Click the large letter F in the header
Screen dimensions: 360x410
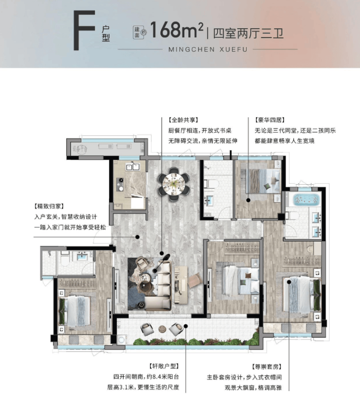[x=84, y=30]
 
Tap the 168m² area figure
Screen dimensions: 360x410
[x=177, y=30]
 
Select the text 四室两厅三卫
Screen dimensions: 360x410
[x=248, y=34]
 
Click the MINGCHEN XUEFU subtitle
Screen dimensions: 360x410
[x=208, y=50]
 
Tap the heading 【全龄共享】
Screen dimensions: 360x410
[x=183, y=120]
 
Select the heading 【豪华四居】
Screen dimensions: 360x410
[x=270, y=120]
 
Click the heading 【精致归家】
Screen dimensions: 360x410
[x=49, y=206]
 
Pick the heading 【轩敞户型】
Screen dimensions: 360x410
[x=164, y=366]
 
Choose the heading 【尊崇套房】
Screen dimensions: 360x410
[x=266, y=367]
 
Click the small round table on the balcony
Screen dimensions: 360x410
[x=162, y=329]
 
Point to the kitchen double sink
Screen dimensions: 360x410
[x=132, y=166]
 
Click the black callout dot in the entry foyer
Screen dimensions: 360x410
[x=137, y=237]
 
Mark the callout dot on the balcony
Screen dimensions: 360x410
[x=186, y=326]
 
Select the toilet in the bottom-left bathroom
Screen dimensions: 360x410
[x=64, y=258]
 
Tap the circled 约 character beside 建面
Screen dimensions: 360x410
[x=144, y=33]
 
